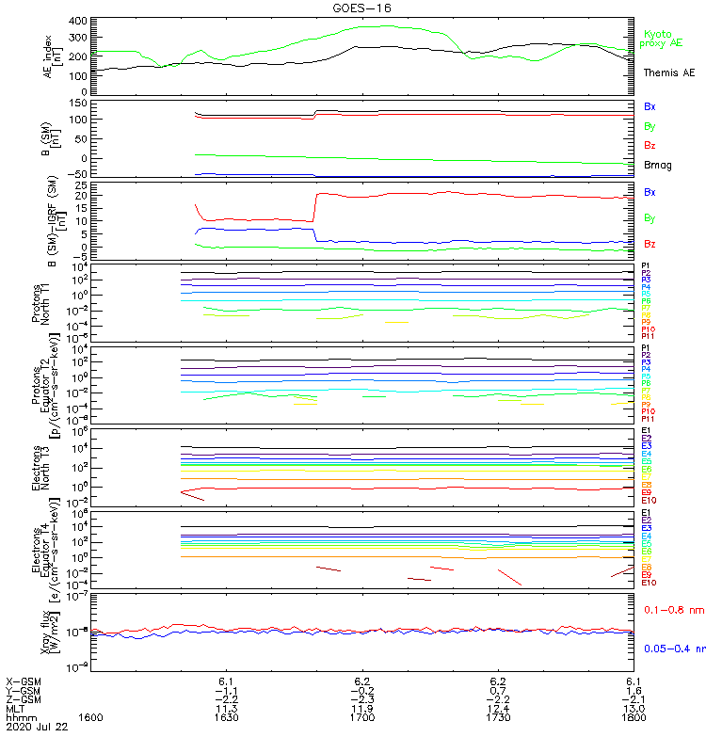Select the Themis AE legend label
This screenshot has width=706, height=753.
pos(669,72)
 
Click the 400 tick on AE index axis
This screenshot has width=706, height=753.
pos(78,21)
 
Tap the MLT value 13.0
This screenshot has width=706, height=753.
pos(634,709)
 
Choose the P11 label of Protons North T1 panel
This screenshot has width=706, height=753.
pos(648,336)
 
